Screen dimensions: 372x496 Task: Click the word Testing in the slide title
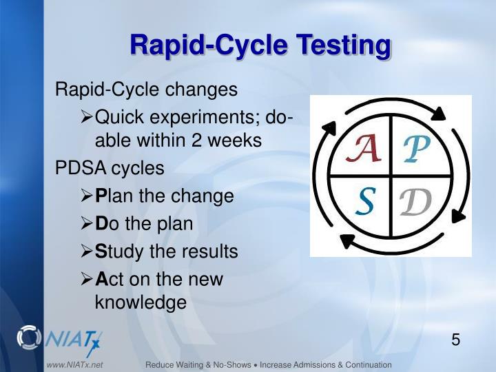click(344, 45)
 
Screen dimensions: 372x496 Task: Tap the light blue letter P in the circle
click(417, 148)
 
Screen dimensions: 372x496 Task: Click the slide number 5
click(455, 340)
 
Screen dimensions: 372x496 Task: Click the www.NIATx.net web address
click(74, 364)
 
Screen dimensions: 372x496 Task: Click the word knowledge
click(141, 302)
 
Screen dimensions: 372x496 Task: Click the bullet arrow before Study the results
click(87, 252)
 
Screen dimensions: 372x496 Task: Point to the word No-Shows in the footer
click(220, 364)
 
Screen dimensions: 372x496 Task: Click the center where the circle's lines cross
click(391, 176)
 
